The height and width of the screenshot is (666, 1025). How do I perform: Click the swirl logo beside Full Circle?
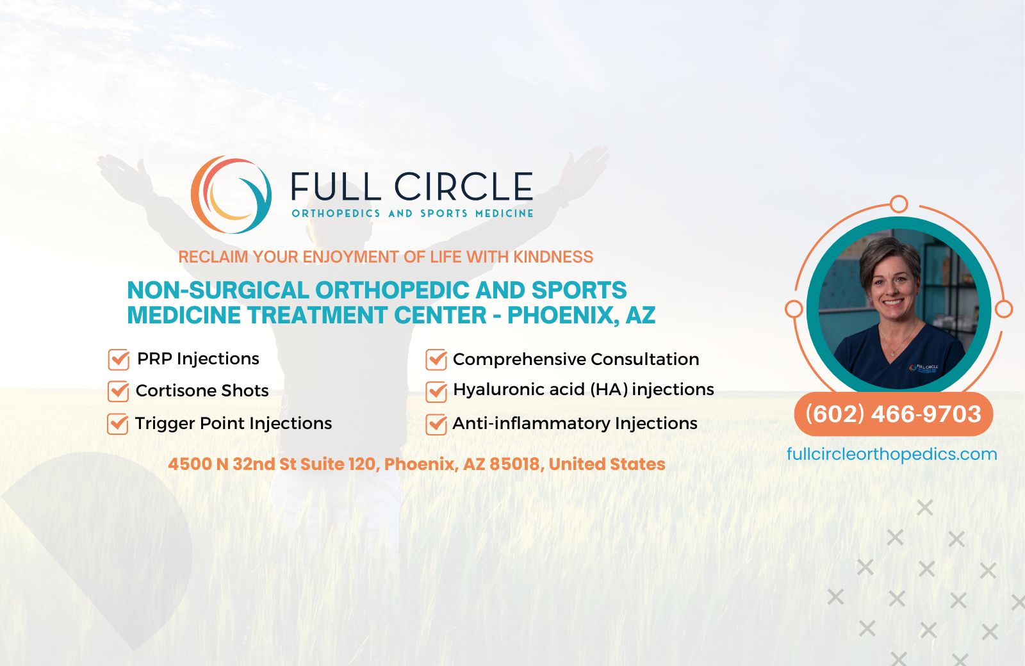click(231, 195)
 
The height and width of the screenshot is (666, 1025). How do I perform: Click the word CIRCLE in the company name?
click(463, 187)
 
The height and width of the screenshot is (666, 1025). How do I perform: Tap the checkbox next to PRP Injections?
click(119, 359)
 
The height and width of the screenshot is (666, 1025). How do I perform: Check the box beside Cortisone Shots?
click(118, 391)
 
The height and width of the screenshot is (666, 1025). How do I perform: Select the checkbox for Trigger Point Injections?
click(117, 423)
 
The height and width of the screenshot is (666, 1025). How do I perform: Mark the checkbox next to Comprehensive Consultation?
click(436, 359)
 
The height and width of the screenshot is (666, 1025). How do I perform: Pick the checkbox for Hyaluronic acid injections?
click(436, 391)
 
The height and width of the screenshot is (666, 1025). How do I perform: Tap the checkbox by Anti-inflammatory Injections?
click(436, 424)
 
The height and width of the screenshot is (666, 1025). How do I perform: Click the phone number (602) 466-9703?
click(893, 414)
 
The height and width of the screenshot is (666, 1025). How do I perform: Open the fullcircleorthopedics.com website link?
click(892, 454)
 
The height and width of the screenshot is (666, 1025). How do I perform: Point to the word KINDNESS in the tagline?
click(553, 257)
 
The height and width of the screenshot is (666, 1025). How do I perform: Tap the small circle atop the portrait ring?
click(899, 204)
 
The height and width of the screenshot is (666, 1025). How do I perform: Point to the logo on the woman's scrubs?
click(924, 368)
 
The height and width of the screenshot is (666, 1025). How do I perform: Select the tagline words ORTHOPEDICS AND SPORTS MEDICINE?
click(413, 213)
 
